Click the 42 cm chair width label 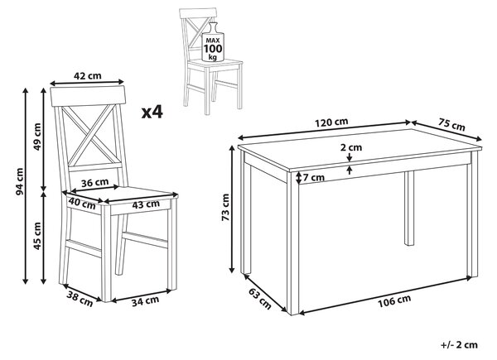[x=88, y=76]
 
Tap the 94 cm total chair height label [x=20, y=181]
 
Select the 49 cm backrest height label [x=37, y=137]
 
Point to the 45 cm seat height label [x=37, y=236]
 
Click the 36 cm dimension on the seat [x=94, y=183]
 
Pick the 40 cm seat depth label [x=82, y=204]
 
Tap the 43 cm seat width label [x=146, y=204]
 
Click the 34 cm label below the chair [x=146, y=300]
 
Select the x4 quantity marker [x=152, y=112]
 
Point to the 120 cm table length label [x=331, y=122]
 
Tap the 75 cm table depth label [x=452, y=124]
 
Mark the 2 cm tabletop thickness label [x=351, y=147]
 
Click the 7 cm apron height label [x=313, y=178]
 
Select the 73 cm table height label [x=225, y=208]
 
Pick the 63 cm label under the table [x=260, y=300]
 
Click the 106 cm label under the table [x=394, y=300]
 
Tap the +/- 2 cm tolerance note [x=459, y=345]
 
